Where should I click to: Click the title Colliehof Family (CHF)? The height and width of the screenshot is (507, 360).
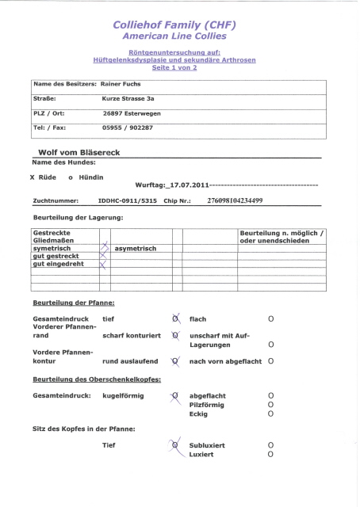(x=180, y=25)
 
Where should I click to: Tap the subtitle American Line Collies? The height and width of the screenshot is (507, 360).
(x=180, y=36)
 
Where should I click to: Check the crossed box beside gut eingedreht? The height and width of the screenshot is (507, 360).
(x=102, y=264)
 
